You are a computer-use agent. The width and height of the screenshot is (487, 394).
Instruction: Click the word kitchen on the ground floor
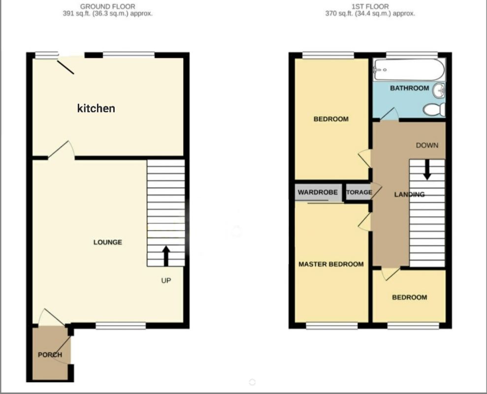pos(96,108)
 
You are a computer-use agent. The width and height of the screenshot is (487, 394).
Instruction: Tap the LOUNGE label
pos(108,242)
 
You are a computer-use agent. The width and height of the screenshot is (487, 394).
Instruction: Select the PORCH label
pos(50,355)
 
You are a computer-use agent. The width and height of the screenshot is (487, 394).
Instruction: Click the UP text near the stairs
pos(165,280)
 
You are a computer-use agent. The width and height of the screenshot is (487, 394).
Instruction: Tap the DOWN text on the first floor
pos(426,145)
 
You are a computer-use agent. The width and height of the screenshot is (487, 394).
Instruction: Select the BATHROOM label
pos(409,88)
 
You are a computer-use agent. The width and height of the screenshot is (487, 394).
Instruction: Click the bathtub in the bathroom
pos(409,70)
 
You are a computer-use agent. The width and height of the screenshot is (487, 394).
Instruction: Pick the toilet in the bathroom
pos(435,109)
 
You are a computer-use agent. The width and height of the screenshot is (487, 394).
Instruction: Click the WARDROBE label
pos(319,192)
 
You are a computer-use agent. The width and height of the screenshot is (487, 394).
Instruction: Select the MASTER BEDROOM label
pos(331,264)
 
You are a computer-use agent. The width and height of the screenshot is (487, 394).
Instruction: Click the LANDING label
pos(409,195)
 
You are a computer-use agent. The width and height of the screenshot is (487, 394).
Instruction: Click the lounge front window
pos(121,326)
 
